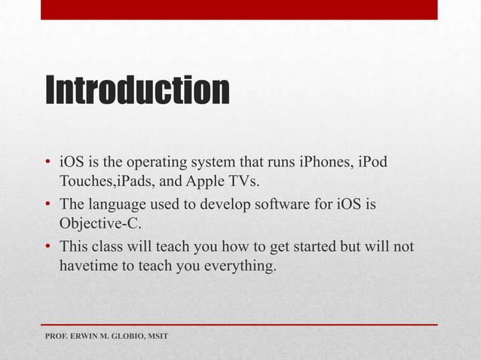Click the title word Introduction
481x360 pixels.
(x=137, y=90)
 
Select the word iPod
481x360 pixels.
(x=374, y=163)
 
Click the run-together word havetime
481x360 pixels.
(x=88, y=266)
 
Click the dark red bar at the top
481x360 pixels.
(x=238, y=9)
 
